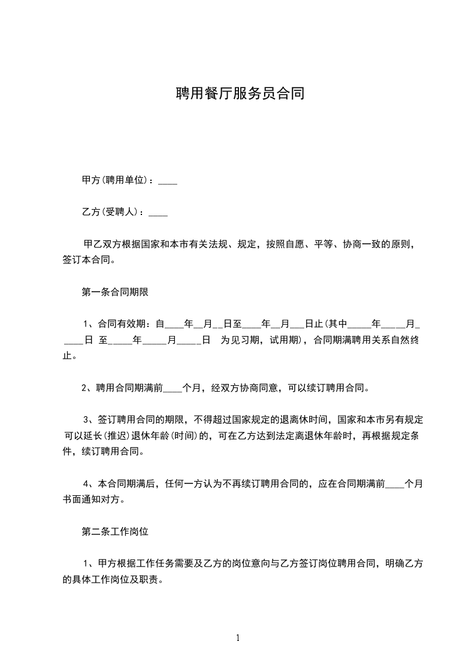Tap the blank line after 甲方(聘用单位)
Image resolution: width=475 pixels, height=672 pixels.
coord(168,180)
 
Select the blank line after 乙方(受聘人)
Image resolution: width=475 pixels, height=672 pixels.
coord(158,213)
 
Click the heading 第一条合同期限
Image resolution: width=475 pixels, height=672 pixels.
coord(115,293)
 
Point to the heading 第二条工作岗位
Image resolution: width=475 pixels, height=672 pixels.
coord(115,531)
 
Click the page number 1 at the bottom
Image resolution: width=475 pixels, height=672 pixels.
coord(238,638)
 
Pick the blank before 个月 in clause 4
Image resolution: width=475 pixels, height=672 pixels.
coord(395,483)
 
